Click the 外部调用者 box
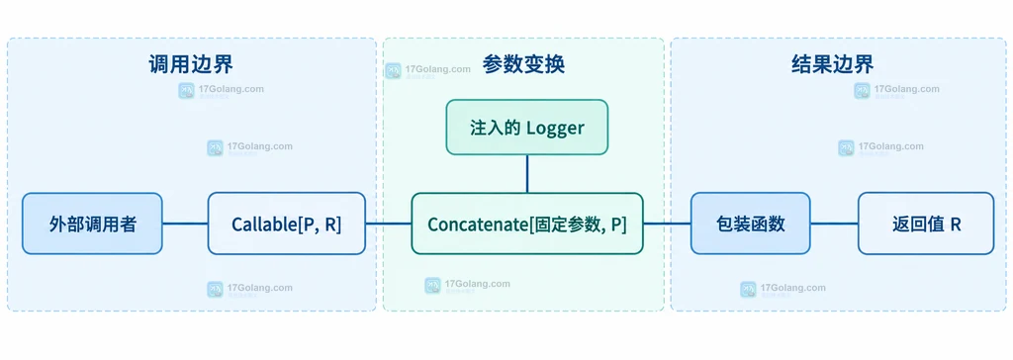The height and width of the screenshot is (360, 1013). [x=92, y=224]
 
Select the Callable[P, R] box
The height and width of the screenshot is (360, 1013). [x=287, y=224]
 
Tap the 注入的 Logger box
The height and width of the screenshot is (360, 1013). [x=527, y=128]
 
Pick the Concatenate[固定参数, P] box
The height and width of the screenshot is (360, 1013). [x=527, y=224]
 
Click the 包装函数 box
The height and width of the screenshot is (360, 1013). [x=751, y=224]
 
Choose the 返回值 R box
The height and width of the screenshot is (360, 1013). [x=926, y=224]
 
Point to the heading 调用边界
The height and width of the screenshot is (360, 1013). [x=191, y=64]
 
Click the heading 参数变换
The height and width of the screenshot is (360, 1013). [x=523, y=64]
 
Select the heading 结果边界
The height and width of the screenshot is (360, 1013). [x=832, y=64]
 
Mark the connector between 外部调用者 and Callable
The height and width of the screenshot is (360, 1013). [x=185, y=224]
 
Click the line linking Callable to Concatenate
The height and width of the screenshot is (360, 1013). [x=389, y=224]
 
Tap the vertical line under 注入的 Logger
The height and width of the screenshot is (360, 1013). [x=527, y=174]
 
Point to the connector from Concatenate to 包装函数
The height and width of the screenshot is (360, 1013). [x=668, y=224]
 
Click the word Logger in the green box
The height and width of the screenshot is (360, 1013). [x=555, y=128]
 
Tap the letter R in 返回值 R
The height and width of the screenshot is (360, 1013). [x=956, y=225]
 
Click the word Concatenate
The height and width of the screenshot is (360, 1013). [x=478, y=225]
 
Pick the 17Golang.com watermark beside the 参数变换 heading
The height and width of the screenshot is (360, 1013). [x=427, y=71]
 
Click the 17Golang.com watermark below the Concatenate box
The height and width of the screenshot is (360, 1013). [x=467, y=286]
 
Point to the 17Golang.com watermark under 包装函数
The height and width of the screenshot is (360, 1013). [x=783, y=290]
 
